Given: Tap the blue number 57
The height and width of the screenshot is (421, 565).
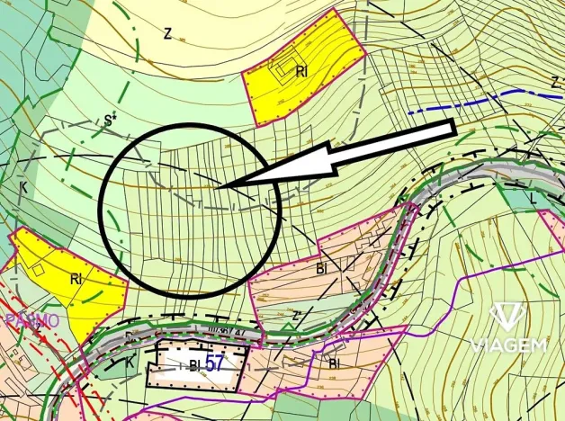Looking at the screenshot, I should pos(214,363).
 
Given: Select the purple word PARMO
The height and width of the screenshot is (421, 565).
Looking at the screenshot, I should pos(32,320).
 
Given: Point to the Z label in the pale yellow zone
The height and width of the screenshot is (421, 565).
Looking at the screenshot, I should pos(167,33).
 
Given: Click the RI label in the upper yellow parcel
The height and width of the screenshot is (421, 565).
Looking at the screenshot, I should pos(302,73).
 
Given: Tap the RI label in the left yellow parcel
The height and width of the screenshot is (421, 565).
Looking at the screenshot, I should pos(77,279).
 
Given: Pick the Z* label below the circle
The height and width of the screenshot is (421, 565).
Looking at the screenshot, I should pos(296,316).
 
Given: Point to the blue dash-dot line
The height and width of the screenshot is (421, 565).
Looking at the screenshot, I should pos(468,101).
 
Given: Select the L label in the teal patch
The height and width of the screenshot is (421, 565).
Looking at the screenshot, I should pos(534,196).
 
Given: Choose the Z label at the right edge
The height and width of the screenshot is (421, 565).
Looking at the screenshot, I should pos(554,82).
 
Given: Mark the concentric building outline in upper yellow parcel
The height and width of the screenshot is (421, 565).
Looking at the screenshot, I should pos(289,67).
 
